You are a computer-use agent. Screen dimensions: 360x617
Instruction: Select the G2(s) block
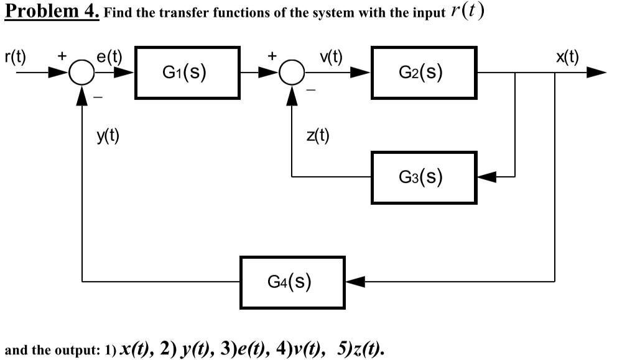click(x=421, y=73)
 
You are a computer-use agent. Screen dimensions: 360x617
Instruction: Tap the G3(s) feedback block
click(x=421, y=177)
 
